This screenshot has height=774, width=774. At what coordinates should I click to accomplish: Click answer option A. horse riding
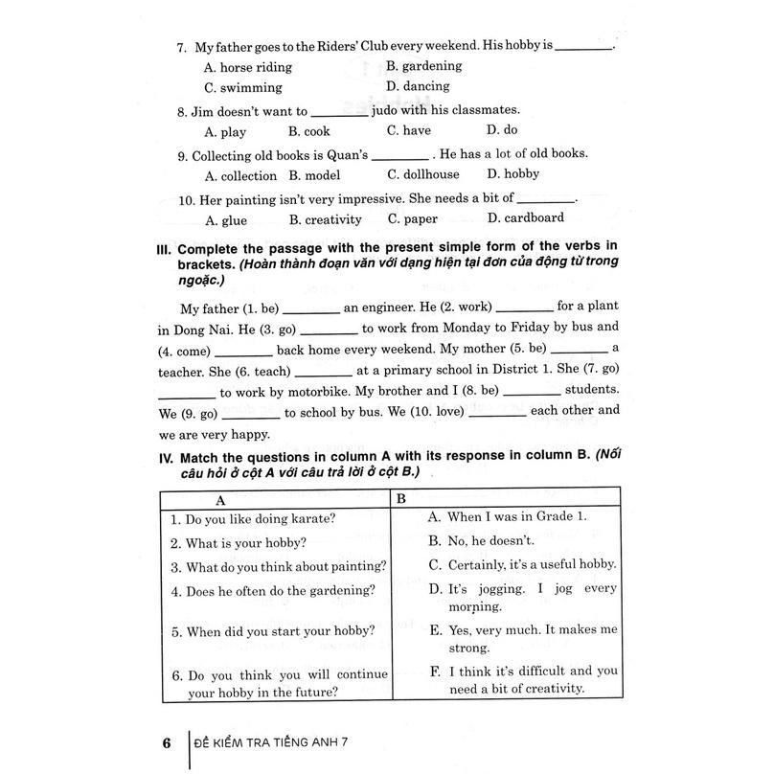[x=248, y=67]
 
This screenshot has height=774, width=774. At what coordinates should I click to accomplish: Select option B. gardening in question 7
[x=423, y=66]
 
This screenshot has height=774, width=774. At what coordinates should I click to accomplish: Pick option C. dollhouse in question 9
[x=422, y=174]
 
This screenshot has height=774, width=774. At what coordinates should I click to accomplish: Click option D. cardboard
[x=528, y=218]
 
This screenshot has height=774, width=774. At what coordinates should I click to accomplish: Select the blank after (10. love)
[x=495, y=412]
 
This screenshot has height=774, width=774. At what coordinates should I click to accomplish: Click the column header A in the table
[x=220, y=499]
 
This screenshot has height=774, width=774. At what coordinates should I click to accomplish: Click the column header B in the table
[x=401, y=498]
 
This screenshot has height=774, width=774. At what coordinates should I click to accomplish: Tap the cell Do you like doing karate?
[x=253, y=520]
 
